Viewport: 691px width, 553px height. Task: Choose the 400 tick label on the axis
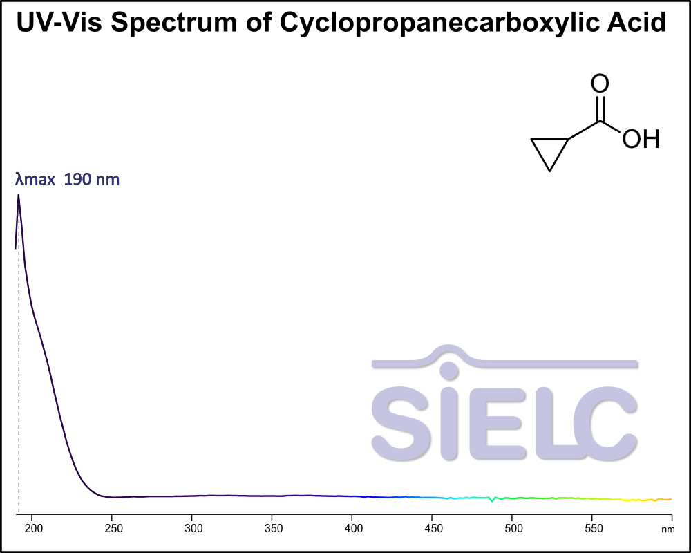[x=352, y=529]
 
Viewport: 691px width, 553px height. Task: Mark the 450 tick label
[x=432, y=529]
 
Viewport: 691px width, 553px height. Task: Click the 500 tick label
[x=512, y=529]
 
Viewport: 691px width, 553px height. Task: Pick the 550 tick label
[x=591, y=529]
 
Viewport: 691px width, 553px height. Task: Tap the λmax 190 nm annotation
[x=68, y=180]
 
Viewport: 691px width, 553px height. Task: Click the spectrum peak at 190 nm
[x=19, y=196]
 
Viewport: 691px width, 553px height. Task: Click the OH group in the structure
[x=641, y=140]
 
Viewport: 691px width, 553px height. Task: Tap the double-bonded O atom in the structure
[x=600, y=84]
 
